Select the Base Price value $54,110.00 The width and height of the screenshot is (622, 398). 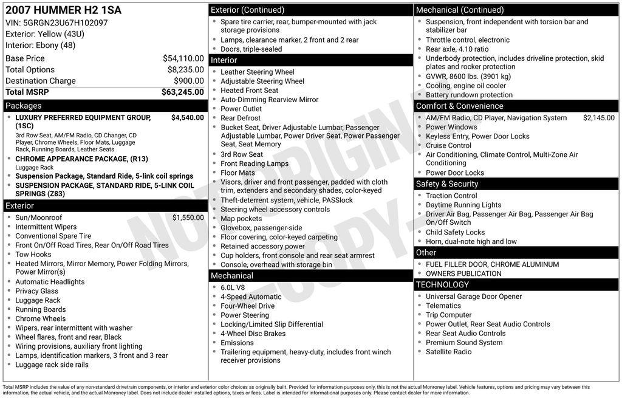183,59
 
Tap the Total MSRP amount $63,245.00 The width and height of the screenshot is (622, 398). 182,92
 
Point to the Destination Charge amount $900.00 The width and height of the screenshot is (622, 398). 188,81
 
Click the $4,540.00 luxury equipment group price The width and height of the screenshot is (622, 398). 187,118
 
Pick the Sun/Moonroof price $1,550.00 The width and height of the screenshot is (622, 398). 188,218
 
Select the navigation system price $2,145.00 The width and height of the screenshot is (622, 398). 598,118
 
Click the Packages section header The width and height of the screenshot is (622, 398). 24,106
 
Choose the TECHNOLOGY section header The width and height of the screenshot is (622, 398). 442,284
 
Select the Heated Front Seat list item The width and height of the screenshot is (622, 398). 249,91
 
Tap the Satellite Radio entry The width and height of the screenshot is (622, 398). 448,352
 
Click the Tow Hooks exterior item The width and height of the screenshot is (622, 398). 33,255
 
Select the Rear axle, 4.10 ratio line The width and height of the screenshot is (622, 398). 457,49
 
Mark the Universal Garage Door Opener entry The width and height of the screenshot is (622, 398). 473,297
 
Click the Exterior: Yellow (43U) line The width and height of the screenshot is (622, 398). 45,34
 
